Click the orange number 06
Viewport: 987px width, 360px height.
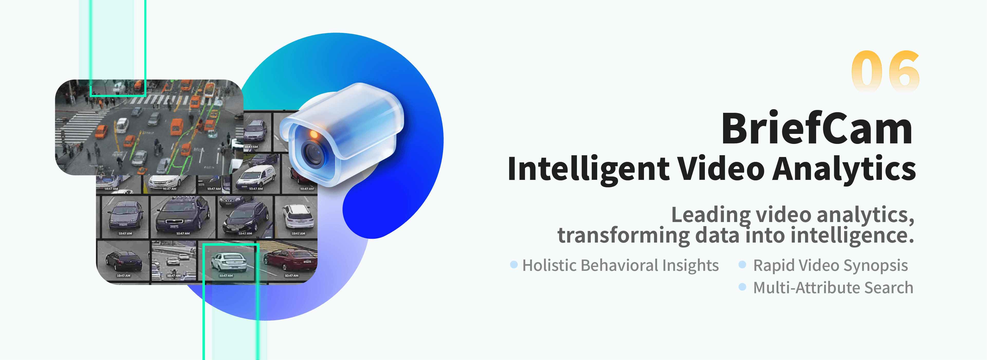[885, 72]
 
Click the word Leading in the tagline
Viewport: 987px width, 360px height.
[711, 215]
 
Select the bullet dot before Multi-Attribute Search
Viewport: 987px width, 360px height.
[742, 287]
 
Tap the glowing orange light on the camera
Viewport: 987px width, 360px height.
[314, 134]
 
